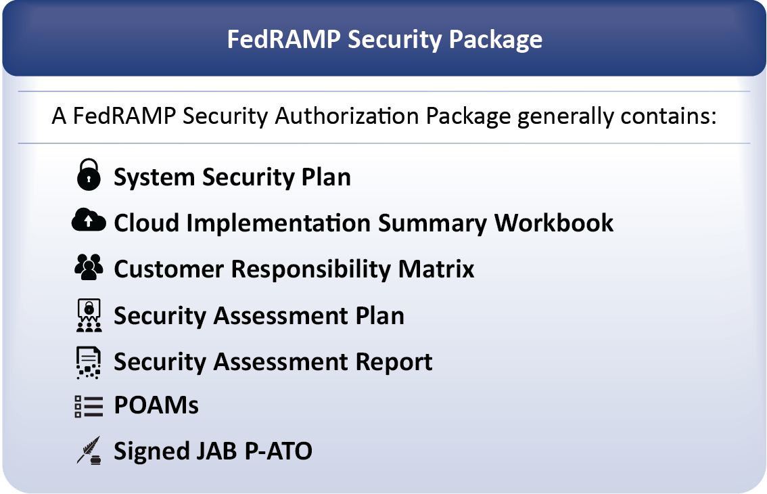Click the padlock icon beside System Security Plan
coord(89,175)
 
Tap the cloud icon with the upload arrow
coord(89,220)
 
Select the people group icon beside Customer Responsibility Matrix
coord(89,267)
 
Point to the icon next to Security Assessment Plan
coord(89,315)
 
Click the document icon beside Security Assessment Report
coord(89,363)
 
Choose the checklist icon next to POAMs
coord(89,407)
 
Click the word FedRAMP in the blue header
coord(283,39)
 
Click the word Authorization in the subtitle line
coord(346,116)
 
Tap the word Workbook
coord(554,223)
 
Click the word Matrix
coord(436,269)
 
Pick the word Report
coord(394,362)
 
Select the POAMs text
coord(156,405)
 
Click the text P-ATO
coord(278,451)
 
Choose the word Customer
coord(169,269)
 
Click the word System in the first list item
coord(155,177)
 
